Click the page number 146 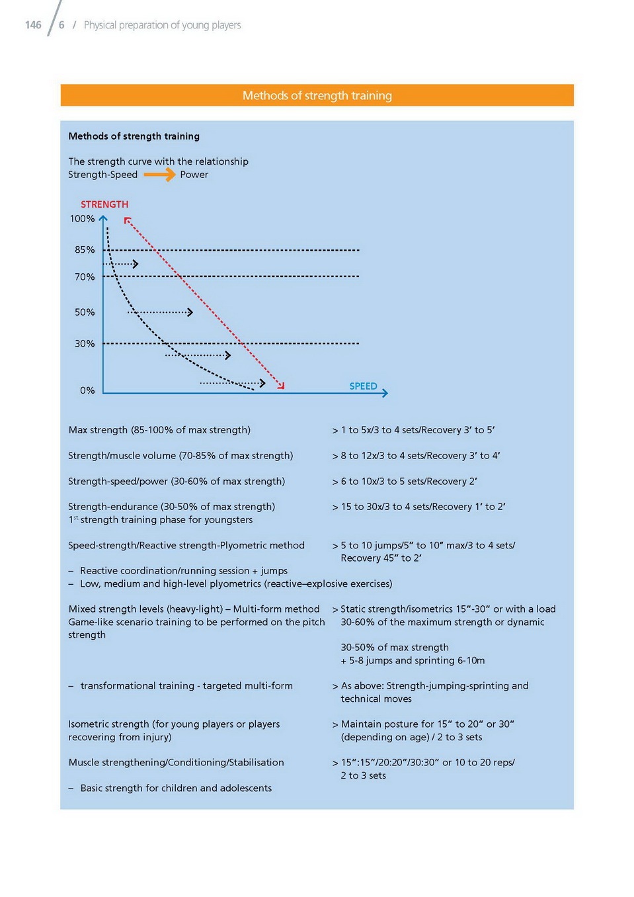click(x=33, y=25)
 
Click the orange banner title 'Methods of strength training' click(x=317, y=95)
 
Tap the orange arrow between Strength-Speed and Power click(x=159, y=175)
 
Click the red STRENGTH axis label click(x=104, y=204)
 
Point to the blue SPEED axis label click(x=363, y=386)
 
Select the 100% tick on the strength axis click(x=83, y=219)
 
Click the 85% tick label click(x=85, y=250)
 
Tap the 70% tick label click(x=85, y=277)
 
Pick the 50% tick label click(x=85, y=312)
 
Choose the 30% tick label click(x=85, y=344)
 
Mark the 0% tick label click(x=87, y=391)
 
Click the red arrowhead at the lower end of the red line click(x=282, y=386)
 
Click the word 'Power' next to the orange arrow click(x=194, y=175)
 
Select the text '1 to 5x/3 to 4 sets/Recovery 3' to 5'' click(x=417, y=430)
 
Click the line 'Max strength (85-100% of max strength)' click(x=159, y=430)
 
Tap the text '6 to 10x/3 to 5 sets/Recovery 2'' click(x=409, y=482)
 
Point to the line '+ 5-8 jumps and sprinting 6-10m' click(x=413, y=660)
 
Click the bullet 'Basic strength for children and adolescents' click(x=176, y=788)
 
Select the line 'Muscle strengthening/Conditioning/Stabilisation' click(x=176, y=762)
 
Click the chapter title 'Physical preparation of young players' click(x=162, y=25)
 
